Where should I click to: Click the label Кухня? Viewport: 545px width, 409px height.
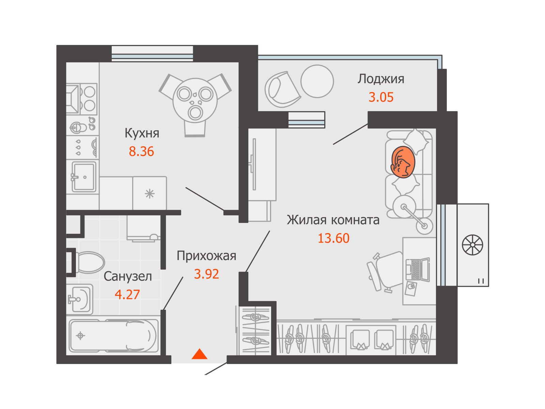coord(142,133)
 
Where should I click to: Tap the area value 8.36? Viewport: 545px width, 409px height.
coord(141,151)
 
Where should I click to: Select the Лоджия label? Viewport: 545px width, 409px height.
coord(381,79)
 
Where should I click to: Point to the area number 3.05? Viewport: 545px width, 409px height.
coord(381,97)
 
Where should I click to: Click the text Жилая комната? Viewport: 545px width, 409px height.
coord(333,220)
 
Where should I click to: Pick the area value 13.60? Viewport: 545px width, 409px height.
coord(333,238)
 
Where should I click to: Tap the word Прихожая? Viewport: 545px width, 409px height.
coord(206,256)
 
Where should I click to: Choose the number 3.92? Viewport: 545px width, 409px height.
coord(206,274)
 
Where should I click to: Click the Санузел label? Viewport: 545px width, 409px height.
coord(128,276)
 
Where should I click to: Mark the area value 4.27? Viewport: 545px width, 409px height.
coord(127,294)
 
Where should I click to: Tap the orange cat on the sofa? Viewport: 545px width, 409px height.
coord(403,162)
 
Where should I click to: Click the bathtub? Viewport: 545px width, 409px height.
coord(114,336)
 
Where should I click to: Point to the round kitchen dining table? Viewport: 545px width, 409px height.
coord(195,99)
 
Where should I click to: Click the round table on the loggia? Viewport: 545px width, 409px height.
coord(317,81)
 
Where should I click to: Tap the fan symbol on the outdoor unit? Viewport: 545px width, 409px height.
coord(472,245)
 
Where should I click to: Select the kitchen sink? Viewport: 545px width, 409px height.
coord(84,177)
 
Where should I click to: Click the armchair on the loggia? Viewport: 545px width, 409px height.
coord(282,89)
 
